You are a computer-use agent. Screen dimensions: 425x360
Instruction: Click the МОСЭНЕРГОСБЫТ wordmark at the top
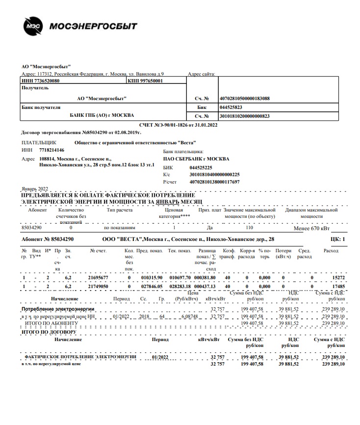93,26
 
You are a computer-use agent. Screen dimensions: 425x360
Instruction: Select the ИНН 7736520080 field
41,80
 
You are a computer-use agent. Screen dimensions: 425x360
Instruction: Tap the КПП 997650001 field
146,80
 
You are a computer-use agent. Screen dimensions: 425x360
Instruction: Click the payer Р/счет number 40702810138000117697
214,182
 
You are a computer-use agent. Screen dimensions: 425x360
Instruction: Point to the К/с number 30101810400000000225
214,174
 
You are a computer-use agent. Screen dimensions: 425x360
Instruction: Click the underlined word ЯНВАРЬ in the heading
168,202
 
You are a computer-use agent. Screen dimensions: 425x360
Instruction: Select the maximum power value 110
249,228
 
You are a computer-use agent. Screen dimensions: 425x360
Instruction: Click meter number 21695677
98,277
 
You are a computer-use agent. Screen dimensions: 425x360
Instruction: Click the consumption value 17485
338,286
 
